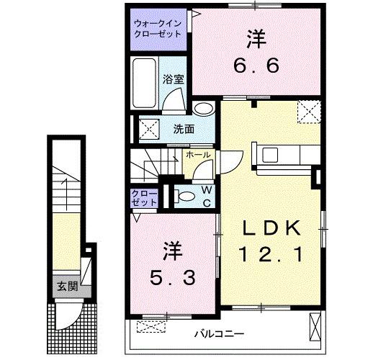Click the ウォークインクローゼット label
[x=158, y=29]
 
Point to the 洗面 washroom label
[x=183, y=130]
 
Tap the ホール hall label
[x=198, y=155]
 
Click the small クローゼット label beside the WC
[x=143, y=198]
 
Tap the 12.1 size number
[x=269, y=254]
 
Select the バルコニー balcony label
[x=219, y=334]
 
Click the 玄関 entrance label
[x=67, y=286]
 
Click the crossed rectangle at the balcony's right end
[x=314, y=327]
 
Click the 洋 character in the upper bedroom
[x=256, y=36]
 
